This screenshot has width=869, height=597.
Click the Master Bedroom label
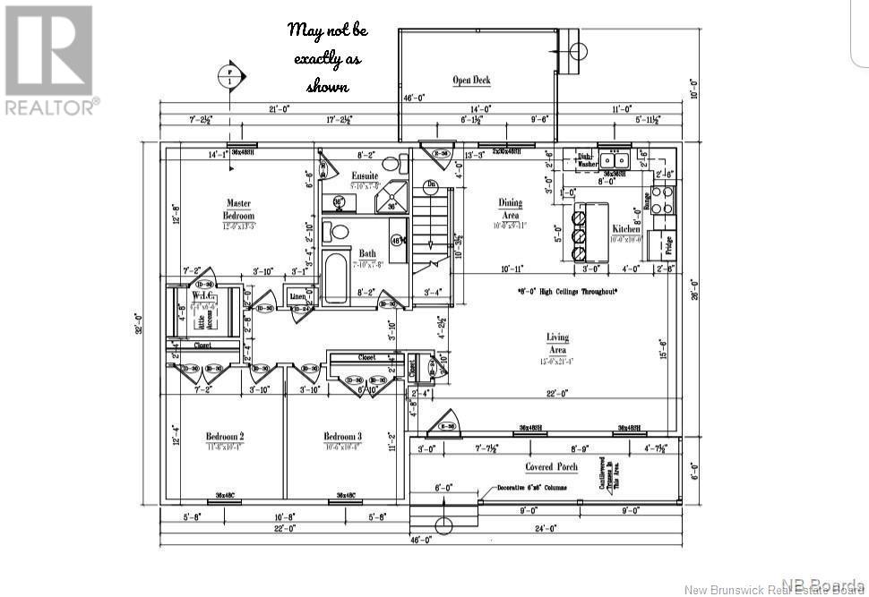tap(238, 209)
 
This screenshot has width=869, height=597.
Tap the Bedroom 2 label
tap(226, 437)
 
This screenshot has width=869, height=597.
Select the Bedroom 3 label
tap(342, 437)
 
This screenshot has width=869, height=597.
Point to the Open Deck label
tap(471, 81)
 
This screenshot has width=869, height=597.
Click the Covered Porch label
tap(551, 466)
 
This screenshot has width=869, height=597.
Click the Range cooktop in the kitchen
tap(663, 200)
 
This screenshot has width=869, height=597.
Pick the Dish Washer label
tap(585, 159)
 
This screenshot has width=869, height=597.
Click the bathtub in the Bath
tap(336, 279)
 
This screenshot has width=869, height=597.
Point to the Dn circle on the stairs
tap(431, 184)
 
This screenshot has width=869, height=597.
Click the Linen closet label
tap(298, 296)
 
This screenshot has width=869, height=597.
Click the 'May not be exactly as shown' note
tap(328, 56)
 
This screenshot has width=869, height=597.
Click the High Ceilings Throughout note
tap(567, 292)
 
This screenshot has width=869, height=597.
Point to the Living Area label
tap(557, 343)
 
